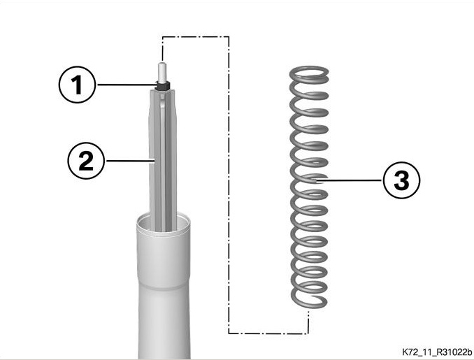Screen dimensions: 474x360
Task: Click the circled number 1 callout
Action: point(77,85)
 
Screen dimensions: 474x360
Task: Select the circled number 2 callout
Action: point(86,161)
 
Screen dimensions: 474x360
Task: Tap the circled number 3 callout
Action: point(401,180)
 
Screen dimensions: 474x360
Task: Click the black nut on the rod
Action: point(163,85)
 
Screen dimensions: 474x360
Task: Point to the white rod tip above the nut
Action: point(162,73)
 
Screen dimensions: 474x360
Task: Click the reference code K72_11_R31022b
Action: point(437,352)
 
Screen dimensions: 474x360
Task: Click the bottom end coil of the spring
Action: point(309,298)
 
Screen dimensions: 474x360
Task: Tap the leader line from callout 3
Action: point(349,181)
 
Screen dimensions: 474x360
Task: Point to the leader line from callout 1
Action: point(127,85)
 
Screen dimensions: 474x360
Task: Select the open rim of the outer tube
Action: point(163,224)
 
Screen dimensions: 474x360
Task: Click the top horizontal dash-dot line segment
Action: point(196,37)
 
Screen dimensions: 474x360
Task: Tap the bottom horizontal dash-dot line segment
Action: point(268,333)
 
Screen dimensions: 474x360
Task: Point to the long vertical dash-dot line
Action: point(229,185)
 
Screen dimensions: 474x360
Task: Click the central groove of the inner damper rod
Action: point(163,164)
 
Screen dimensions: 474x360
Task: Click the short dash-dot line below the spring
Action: point(308,321)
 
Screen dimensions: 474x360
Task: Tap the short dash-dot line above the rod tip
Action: point(163,49)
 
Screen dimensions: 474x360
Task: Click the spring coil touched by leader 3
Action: point(309,179)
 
